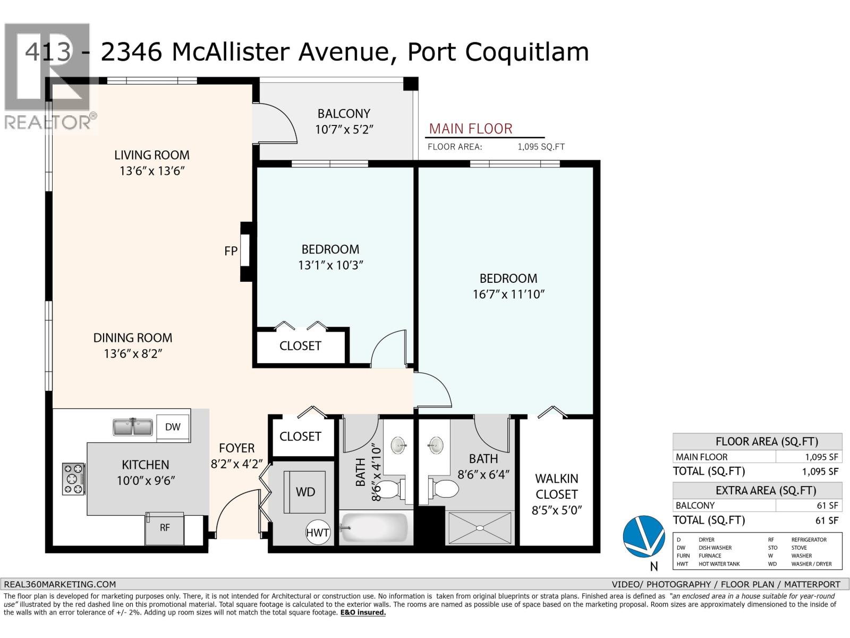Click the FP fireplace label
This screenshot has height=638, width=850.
(231, 251)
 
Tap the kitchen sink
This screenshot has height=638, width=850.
(132, 427)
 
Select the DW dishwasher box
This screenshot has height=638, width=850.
(173, 427)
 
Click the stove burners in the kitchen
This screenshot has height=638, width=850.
(73, 479)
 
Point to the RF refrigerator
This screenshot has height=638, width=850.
(165, 528)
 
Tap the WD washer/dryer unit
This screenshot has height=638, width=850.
(304, 492)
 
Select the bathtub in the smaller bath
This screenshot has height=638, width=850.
(374, 527)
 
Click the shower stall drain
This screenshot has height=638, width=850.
(480, 528)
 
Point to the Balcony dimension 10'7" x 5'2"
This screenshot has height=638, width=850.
(344, 129)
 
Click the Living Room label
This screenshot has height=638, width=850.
(151, 155)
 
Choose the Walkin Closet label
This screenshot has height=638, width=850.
(556, 486)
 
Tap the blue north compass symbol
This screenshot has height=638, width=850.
(643, 536)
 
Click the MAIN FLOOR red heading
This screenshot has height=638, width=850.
(471, 129)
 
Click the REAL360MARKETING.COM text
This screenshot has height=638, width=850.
(59, 584)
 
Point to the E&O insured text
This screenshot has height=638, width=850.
(363, 612)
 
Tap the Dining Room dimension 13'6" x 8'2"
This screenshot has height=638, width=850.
(133, 354)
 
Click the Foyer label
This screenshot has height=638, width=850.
(236, 448)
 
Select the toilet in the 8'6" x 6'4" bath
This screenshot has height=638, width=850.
(443, 489)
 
